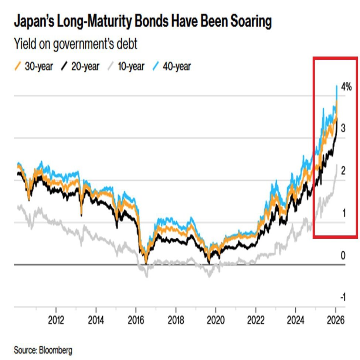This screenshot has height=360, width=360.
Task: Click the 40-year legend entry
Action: (x=177, y=67)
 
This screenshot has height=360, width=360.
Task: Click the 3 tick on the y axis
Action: (x=343, y=129)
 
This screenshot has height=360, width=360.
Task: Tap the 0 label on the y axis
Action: (x=343, y=255)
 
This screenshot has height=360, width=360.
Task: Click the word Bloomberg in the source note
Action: (x=55, y=349)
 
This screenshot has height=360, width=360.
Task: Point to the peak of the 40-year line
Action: (x=337, y=86)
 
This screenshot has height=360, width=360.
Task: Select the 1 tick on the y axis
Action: (x=343, y=213)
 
